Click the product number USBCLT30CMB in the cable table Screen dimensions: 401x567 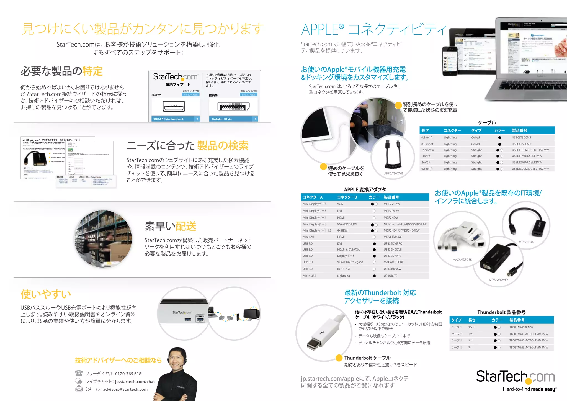click(521, 138)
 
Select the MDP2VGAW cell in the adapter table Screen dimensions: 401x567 click(392, 204)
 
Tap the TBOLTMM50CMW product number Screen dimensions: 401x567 click(521, 327)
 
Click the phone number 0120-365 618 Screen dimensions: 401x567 click(128, 374)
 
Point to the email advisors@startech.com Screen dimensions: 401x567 click(125, 389)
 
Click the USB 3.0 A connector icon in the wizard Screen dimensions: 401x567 click(174, 106)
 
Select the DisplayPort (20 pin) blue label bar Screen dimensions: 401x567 click(233, 119)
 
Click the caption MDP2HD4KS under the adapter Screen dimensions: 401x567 click(527, 242)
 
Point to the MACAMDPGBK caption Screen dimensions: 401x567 click(462, 260)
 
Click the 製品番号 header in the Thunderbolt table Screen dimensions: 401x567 click(517, 320)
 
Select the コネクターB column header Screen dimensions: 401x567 click(347, 197)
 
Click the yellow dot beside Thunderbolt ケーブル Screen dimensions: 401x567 click(339, 358)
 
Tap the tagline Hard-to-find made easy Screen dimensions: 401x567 click(529, 389)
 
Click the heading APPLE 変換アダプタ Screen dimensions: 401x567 click(365, 190)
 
